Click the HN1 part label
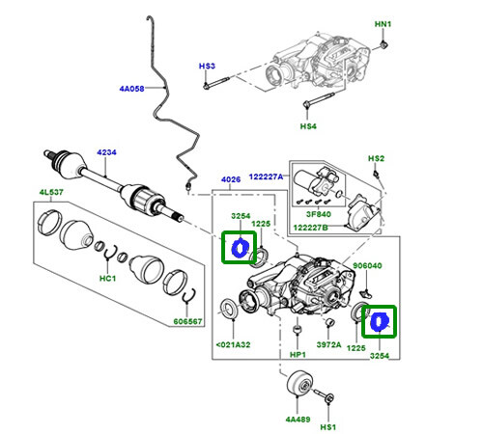(x=384, y=22)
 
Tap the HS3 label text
(x=207, y=67)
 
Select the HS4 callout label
(x=308, y=126)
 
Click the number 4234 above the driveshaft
(x=105, y=152)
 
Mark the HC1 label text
(x=108, y=280)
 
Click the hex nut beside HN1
(x=384, y=44)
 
